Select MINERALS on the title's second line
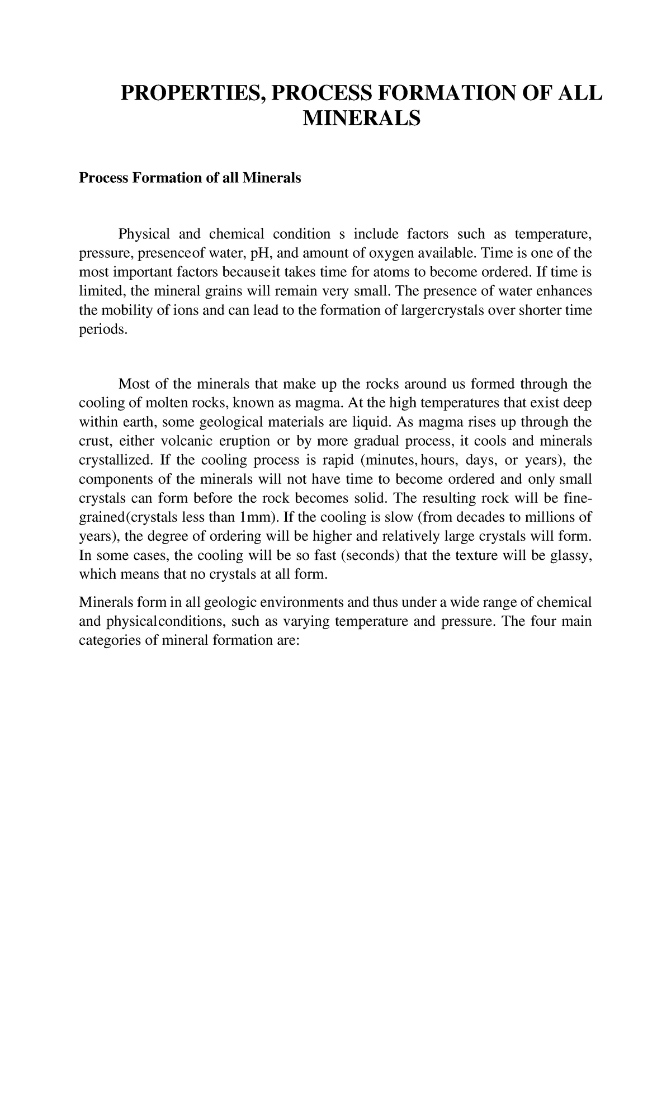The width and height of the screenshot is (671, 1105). (x=361, y=119)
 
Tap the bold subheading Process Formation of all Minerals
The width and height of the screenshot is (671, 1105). (x=190, y=178)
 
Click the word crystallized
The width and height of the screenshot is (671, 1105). (x=115, y=460)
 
